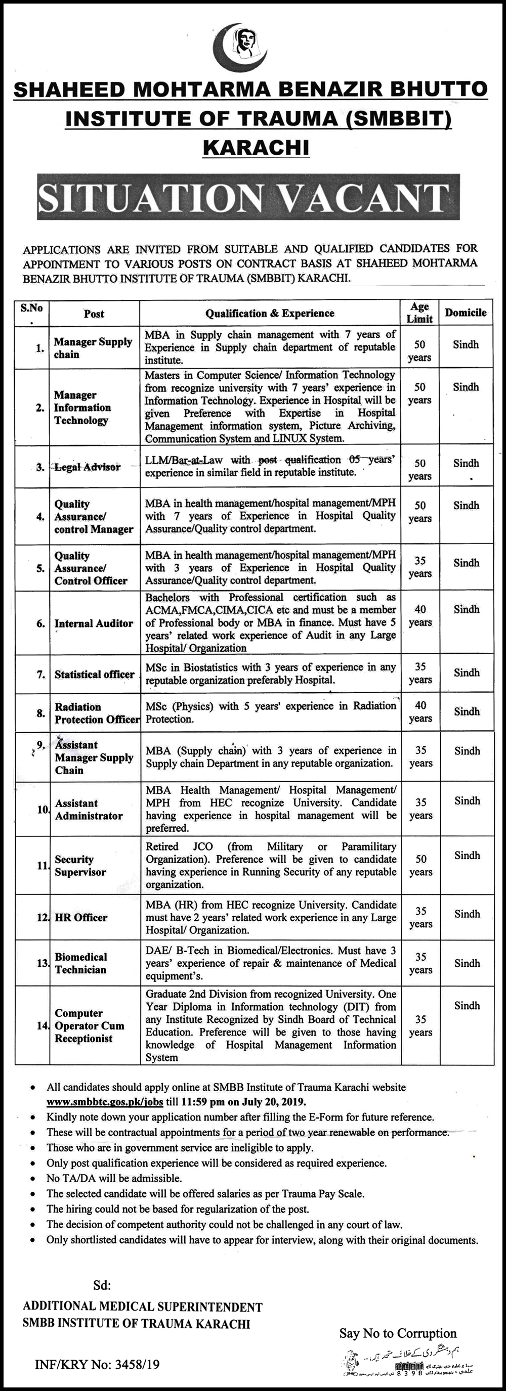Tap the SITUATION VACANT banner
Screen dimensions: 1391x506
(x=248, y=198)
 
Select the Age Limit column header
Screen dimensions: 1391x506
(x=419, y=312)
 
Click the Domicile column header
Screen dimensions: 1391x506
(x=466, y=312)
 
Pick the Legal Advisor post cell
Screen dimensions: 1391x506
(x=88, y=467)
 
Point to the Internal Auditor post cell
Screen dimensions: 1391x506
(x=94, y=623)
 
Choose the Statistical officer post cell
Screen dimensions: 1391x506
(x=94, y=675)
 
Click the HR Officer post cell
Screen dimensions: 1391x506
(x=81, y=917)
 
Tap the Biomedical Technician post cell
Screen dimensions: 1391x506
(x=81, y=963)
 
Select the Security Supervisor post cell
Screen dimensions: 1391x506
(x=80, y=866)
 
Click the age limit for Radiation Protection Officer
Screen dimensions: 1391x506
(x=420, y=712)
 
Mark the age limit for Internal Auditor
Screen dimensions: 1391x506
(x=420, y=615)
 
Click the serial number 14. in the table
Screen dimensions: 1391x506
(x=43, y=1025)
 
